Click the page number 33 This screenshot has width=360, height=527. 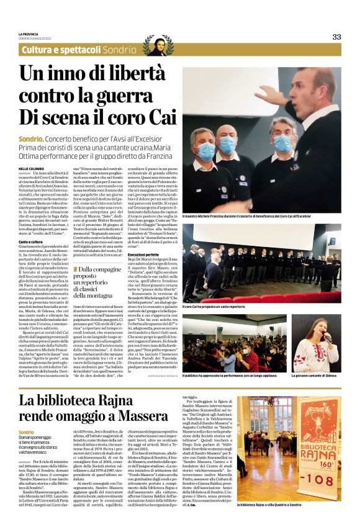[336, 37]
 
